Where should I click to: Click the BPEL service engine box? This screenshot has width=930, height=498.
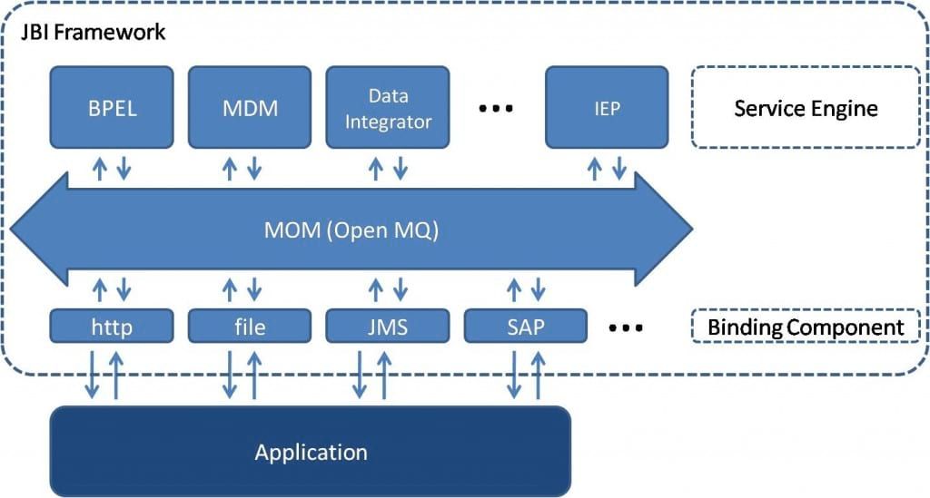[112, 107]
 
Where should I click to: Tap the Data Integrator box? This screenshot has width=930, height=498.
[388, 107]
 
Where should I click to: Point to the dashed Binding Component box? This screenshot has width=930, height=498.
[806, 326]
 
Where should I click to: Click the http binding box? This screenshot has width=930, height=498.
[112, 326]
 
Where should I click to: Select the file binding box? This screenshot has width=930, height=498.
[250, 326]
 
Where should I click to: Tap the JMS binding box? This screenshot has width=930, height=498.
[388, 326]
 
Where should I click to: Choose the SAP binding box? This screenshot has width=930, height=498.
[526, 326]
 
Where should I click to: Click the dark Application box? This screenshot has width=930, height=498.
[311, 451]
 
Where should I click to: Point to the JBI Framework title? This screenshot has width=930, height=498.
[94, 32]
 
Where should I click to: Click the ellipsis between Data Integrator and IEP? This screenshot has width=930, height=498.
[496, 109]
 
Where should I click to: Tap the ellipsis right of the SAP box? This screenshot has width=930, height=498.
[625, 327]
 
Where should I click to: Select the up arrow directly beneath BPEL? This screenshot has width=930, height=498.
[100, 168]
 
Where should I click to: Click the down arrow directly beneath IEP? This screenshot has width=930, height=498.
[619, 168]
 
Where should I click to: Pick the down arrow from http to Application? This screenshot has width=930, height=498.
[93, 374]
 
